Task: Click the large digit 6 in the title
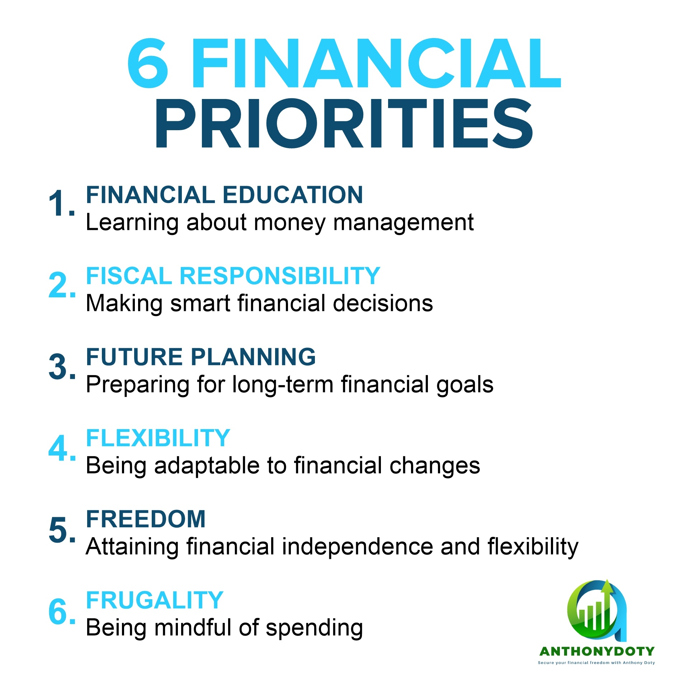click(x=148, y=63)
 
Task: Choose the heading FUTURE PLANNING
click(x=201, y=357)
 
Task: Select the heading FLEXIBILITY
click(x=158, y=438)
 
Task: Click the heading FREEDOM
click(x=146, y=519)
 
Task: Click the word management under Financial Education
click(x=404, y=224)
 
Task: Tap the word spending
click(x=315, y=629)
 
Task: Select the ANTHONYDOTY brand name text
click(x=597, y=651)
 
